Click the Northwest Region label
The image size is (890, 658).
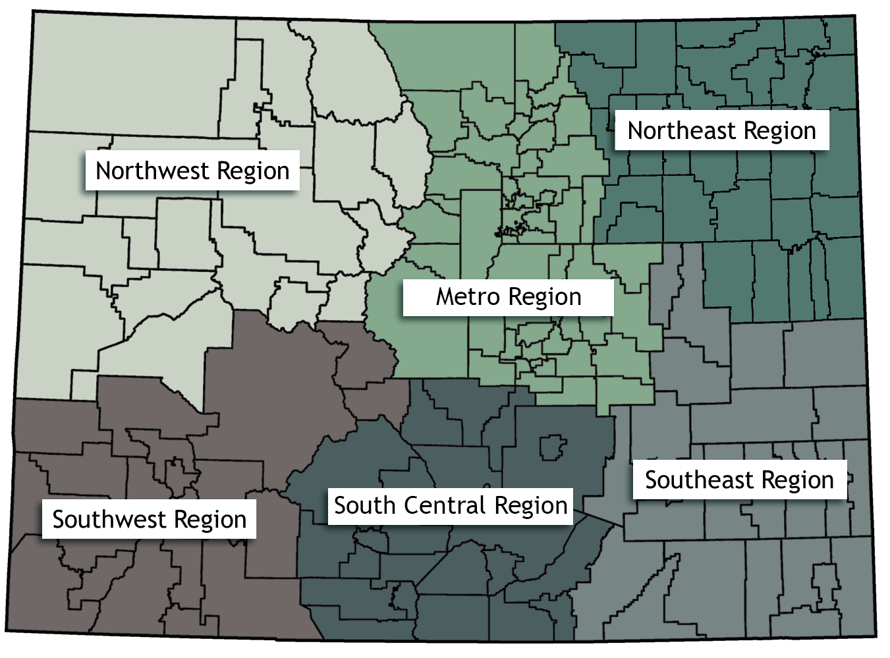[192, 171]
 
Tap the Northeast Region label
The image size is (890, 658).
[721, 130]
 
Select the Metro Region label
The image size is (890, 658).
[508, 297]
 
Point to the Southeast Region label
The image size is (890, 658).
[739, 480]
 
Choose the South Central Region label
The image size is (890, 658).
[451, 506]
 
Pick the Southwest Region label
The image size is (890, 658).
[149, 519]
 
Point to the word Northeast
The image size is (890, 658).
[681, 130]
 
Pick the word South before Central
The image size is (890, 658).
[364, 505]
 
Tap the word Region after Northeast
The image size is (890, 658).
[780, 131]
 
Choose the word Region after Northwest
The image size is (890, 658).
[253, 171]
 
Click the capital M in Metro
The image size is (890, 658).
[443, 296]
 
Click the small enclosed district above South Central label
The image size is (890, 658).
[552, 447]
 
